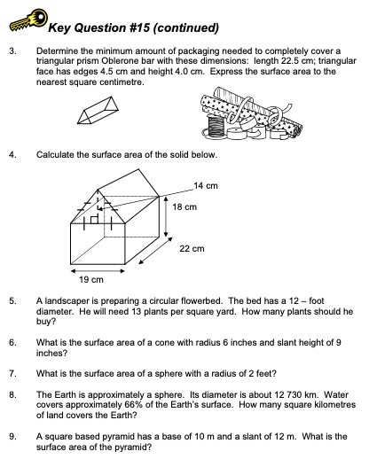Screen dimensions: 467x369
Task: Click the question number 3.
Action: pos(12,51)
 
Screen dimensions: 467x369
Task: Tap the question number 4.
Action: pos(12,155)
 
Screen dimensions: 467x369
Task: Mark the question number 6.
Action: pos(12,341)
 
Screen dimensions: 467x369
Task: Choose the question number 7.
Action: pos(12,371)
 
